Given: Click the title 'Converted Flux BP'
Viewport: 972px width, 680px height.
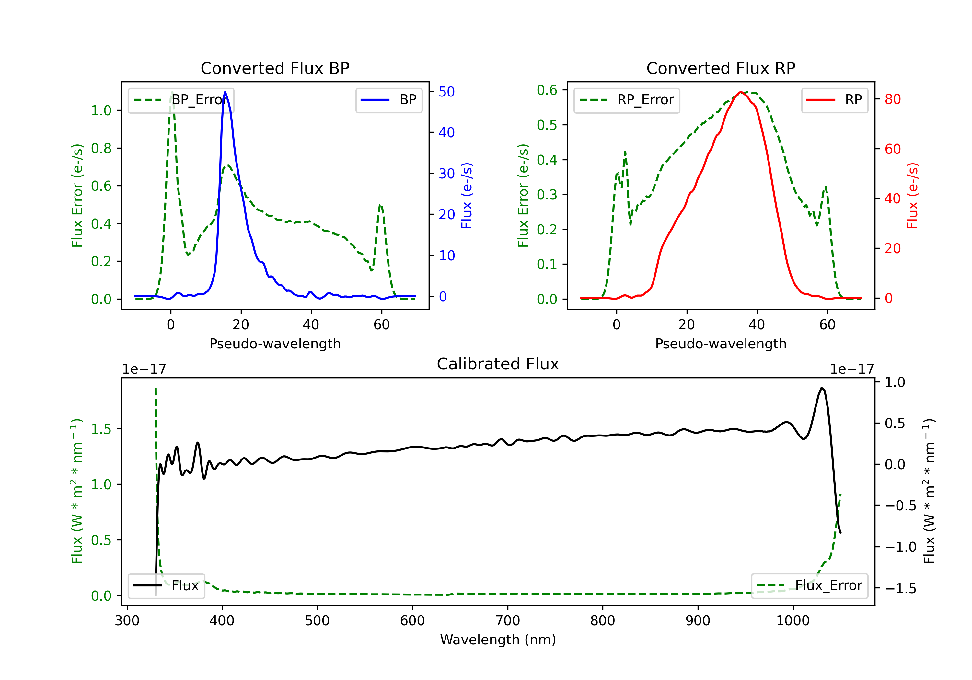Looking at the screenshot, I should pyautogui.click(x=275, y=68).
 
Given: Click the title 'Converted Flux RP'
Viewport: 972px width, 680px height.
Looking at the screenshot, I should pyautogui.click(x=721, y=68).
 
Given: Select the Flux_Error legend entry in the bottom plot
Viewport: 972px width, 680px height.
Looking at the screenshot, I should pyautogui.click(x=809, y=586).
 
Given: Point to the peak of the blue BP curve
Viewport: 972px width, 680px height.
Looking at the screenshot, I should pyautogui.click(x=225, y=92).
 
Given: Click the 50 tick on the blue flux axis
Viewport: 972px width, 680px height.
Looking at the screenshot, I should pyautogui.click(x=446, y=92).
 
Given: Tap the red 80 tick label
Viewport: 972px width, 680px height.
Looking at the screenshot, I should pyautogui.click(x=892, y=99).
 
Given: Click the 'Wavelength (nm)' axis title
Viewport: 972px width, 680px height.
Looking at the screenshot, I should pyautogui.click(x=498, y=640).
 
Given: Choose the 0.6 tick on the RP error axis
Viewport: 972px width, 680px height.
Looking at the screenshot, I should pyautogui.click(x=547, y=90).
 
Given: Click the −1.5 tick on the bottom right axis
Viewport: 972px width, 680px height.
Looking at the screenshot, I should pyautogui.click(x=900, y=588).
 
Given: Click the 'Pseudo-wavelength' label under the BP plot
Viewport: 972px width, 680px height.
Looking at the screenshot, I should pyautogui.click(x=275, y=344).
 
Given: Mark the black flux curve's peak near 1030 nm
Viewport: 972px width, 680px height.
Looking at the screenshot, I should pyautogui.click(x=821, y=388).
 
